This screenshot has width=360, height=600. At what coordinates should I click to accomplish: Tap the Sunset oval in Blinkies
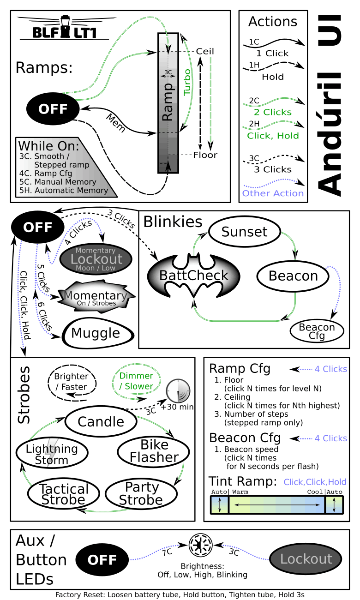click(x=244, y=232)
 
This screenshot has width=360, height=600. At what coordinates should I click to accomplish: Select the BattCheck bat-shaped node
click(x=194, y=276)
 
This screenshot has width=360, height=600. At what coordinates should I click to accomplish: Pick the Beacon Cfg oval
click(x=317, y=331)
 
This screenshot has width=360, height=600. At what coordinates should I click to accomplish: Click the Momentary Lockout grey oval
click(x=96, y=258)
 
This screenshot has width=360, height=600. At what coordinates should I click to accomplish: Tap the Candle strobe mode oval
click(x=101, y=421)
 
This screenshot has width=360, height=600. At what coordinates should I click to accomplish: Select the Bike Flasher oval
click(x=154, y=451)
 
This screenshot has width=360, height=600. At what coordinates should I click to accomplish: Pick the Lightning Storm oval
click(x=52, y=453)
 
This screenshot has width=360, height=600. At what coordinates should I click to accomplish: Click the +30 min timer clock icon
click(x=178, y=391)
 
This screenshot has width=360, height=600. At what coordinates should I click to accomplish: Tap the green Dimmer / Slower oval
click(x=136, y=381)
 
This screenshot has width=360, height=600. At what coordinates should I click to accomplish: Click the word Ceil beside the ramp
click(x=205, y=51)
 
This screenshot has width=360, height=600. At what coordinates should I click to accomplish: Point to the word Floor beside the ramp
click(x=205, y=155)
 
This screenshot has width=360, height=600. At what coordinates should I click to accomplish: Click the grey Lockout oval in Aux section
click(x=306, y=559)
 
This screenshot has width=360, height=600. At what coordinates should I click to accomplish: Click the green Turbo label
click(x=187, y=82)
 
